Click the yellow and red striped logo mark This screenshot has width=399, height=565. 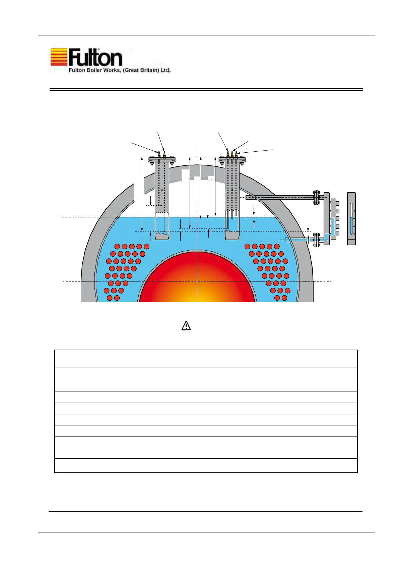(x=59, y=57)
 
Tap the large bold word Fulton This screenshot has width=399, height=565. (x=95, y=58)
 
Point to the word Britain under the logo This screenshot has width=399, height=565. (x=146, y=70)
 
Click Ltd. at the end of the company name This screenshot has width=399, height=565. (x=165, y=70)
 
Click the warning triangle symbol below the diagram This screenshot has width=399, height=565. (x=186, y=325)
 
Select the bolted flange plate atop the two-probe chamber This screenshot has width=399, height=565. (x=162, y=159)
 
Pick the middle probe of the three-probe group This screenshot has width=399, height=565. (x=232, y=155)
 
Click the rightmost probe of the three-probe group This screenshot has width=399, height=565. (x=236, y=155)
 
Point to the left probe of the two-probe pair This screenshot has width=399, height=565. (x=159, y=155)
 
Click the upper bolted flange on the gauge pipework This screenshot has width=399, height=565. (x=316, y=198)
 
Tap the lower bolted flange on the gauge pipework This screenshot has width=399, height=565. (x=316, y=240)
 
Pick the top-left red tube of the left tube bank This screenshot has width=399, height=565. (x=117, y=247)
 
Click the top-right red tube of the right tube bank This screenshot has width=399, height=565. (x=277, y=247)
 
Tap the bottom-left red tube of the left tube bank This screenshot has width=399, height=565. (x=110, y=298)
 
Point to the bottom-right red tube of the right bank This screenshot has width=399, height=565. (x=284, y=298)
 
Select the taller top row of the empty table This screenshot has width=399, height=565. (x=206, y=358)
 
